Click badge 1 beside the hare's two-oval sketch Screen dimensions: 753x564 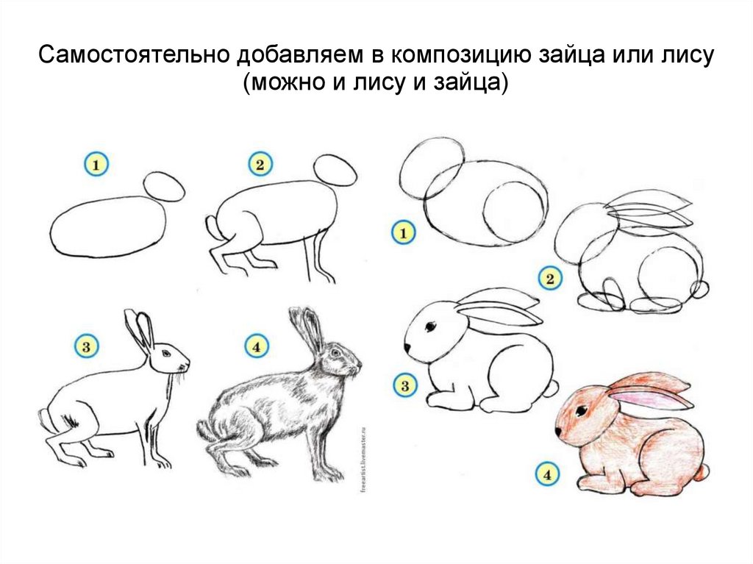tap(96, 165)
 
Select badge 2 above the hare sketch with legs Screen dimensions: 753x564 tap(260, 165)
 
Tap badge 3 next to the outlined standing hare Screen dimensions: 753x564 tap(87, 346)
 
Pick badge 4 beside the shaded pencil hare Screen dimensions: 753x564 tap(257, 346)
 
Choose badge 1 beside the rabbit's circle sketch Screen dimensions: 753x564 tap(404, 233)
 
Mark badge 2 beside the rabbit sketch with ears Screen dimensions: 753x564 tap(550, 278)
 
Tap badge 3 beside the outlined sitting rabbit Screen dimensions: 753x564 tap(405, 385)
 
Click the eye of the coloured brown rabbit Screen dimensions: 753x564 tap(582, 411)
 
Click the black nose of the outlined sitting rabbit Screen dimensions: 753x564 tap(407, 347)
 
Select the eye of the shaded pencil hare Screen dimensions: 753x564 tap(335, 353)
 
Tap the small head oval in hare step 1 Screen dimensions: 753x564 tap(164, 186)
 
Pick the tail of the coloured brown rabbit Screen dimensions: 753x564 tap(703, 472)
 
